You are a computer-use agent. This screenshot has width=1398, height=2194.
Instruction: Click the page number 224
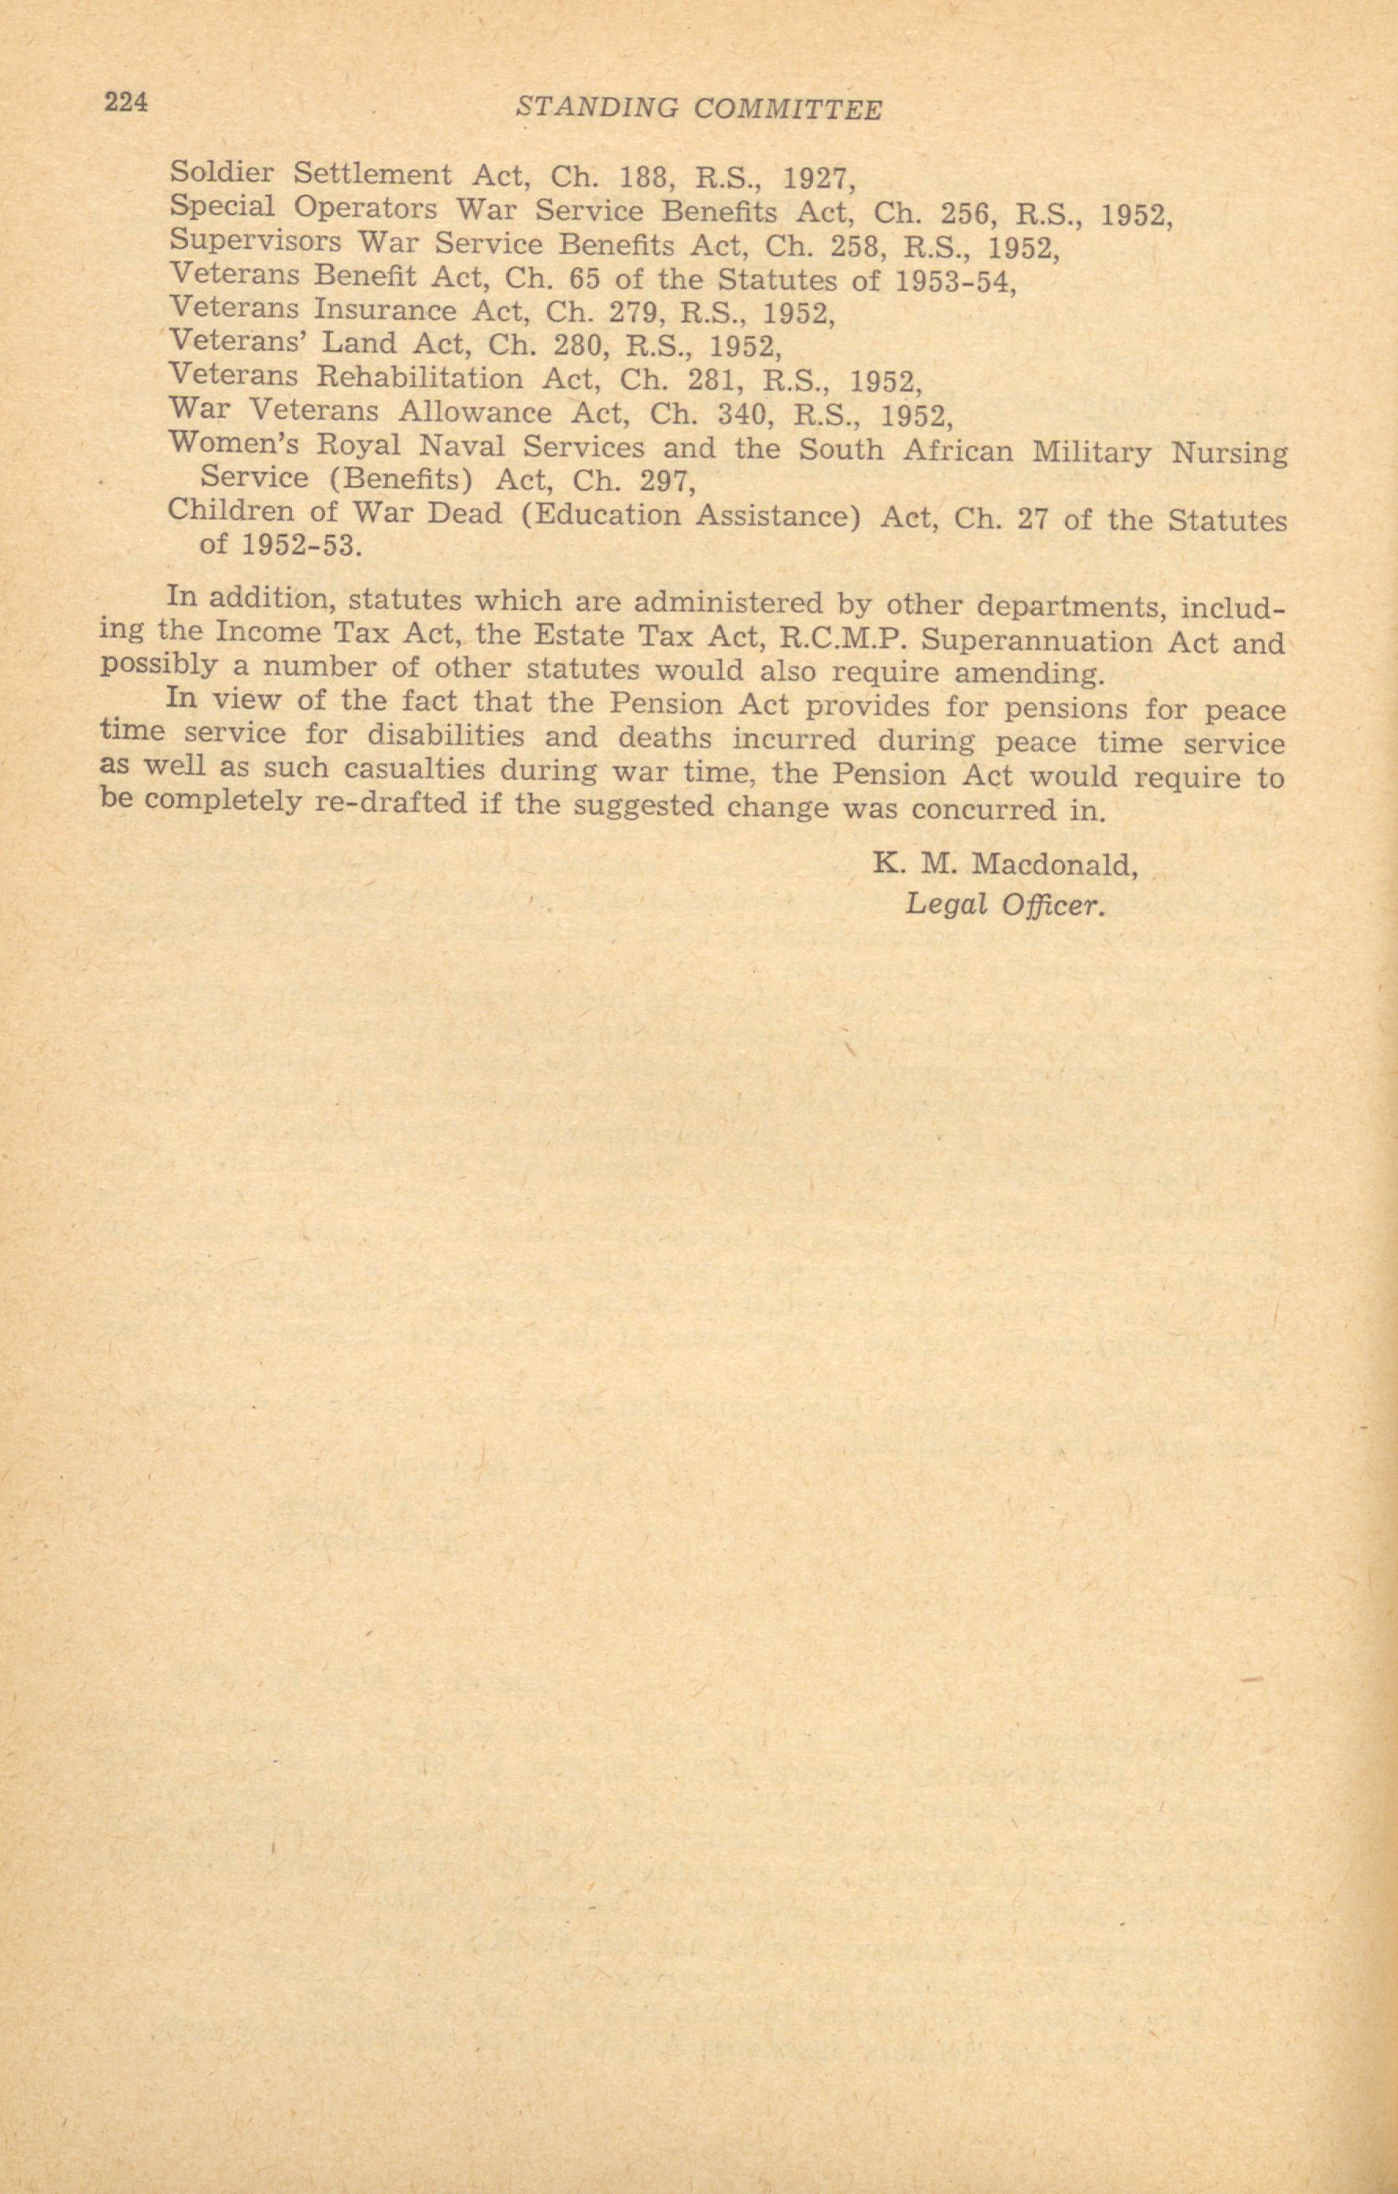point(126,102)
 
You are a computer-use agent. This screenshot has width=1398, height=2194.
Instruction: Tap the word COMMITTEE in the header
point(787,109)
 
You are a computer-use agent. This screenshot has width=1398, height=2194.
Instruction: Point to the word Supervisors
point(255,242)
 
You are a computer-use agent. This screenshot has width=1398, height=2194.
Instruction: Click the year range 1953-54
point(954,282)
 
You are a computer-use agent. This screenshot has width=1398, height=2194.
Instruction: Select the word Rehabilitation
point(420,377)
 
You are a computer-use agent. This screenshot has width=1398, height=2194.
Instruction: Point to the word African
point(957,451)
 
